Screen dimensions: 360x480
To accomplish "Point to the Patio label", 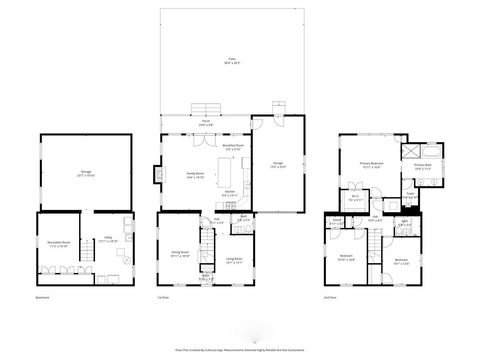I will point(232,62).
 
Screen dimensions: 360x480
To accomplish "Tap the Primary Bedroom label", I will point(372,167).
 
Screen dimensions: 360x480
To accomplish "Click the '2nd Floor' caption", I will point(331,298).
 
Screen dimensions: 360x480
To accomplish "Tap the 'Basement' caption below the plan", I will point(41,298).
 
